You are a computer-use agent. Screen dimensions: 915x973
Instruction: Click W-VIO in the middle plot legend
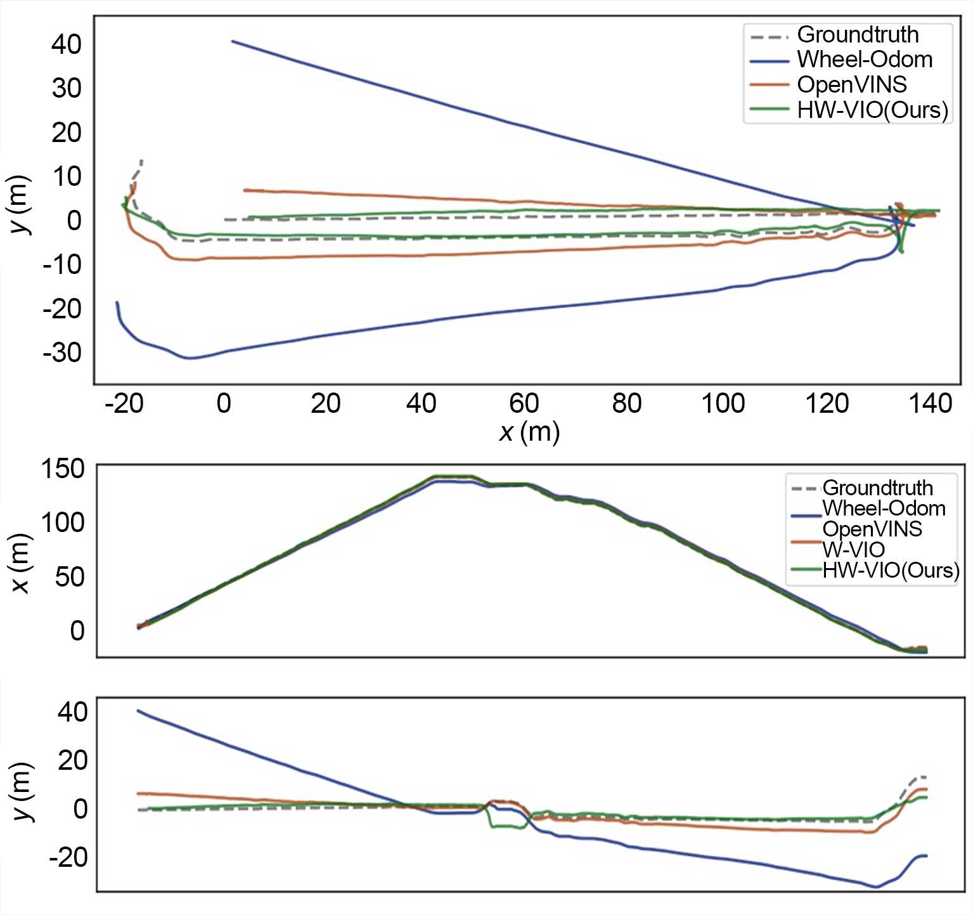pyautogui.click(x=853, y=549)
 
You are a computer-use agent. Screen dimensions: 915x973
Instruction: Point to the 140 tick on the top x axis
pyautogui.click(x=931, y=403)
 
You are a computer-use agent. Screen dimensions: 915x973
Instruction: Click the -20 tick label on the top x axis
pyautogui.click(x=124, y=403)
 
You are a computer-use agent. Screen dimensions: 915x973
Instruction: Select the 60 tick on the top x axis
pyautogui.click(x=524, y=403)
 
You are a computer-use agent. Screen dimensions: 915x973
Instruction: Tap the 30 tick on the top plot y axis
pyautogui.click(x=67, y=88)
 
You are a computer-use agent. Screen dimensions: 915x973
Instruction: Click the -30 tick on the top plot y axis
pyautogui.click(x=62, y=353)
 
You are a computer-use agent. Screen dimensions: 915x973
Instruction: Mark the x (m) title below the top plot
pyautogui.click(x=529, y=432)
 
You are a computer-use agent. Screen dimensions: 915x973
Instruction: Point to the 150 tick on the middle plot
pyautogui.click(x=62, y=469)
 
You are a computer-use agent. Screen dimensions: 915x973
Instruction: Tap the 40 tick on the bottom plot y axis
pyautogui.click(x=72, y=712)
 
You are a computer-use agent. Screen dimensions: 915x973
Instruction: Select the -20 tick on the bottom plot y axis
pyautogui.click(x=68, y=857)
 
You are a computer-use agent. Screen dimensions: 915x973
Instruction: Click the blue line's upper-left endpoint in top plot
pyautogui.click(x=233, y=41)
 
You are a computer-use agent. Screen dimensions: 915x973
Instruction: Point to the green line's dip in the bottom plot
pyautogui.click(x=508, y=826)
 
